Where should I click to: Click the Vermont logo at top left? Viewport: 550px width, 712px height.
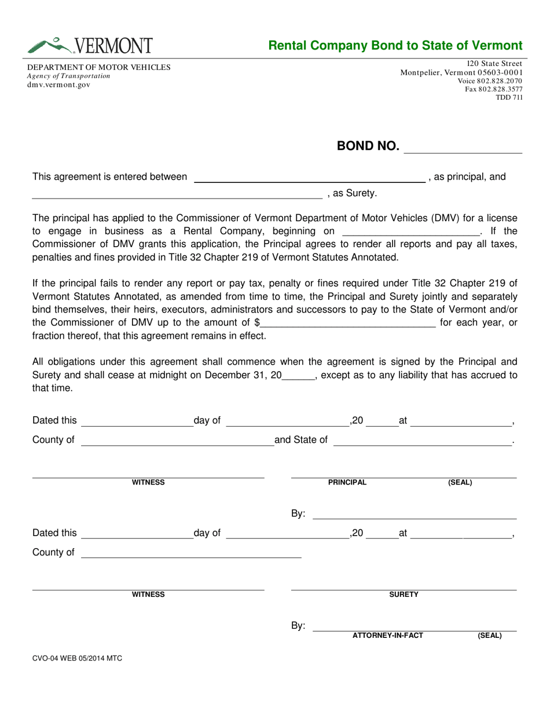[90, 45]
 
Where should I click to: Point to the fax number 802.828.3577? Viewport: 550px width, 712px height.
[494, 89]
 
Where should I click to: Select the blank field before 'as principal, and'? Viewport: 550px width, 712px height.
[309, 178]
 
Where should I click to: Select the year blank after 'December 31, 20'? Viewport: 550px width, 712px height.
[298, 375]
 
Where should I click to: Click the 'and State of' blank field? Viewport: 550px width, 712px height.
[423, 441]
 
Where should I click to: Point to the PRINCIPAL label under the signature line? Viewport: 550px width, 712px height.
[347, 482]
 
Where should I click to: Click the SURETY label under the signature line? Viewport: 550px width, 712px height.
[404, 594]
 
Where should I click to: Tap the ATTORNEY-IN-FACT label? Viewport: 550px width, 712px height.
[388, 636]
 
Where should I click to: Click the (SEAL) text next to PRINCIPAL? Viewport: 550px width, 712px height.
[460, 482]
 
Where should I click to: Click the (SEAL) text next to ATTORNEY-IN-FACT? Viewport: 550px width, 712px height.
[489, 636]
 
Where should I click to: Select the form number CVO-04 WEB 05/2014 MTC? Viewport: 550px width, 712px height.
[77, 658]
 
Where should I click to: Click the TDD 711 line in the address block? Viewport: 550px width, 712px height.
[509, 97]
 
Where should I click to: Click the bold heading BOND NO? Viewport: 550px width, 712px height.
[368, 146]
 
